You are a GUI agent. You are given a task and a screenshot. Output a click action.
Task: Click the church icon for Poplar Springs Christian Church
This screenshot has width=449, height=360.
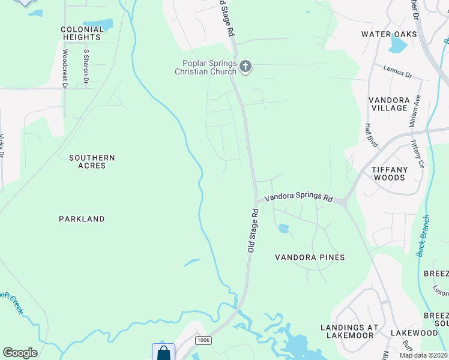(x=245, y=66)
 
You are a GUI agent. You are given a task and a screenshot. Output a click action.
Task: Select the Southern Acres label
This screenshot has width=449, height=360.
(x=92, y=161)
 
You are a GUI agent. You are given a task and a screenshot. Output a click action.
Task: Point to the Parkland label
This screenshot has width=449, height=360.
(x=82, y=219)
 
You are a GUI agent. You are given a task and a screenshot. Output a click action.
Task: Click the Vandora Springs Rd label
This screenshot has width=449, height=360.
(x=298, y=197)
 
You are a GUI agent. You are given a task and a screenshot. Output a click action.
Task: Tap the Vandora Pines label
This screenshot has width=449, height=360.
(x=310, y=257)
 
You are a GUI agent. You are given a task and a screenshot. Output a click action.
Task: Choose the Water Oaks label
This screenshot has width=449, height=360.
(x=389, y=34)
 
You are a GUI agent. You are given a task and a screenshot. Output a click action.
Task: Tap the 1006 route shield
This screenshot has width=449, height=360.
(x=203, y=340)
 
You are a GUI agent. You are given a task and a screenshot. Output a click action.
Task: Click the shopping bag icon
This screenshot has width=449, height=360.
(x=163, y=353)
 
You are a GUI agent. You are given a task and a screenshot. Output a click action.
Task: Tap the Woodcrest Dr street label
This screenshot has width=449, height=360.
(x=64, y=68)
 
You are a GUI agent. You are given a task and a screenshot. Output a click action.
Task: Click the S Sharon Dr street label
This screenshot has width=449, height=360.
(x=86, y=66)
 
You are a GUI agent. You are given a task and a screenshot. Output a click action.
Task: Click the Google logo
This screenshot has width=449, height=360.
(x=20, y=353)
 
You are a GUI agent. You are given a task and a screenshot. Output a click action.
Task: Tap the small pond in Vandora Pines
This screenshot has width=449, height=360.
(x=283, y=228)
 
